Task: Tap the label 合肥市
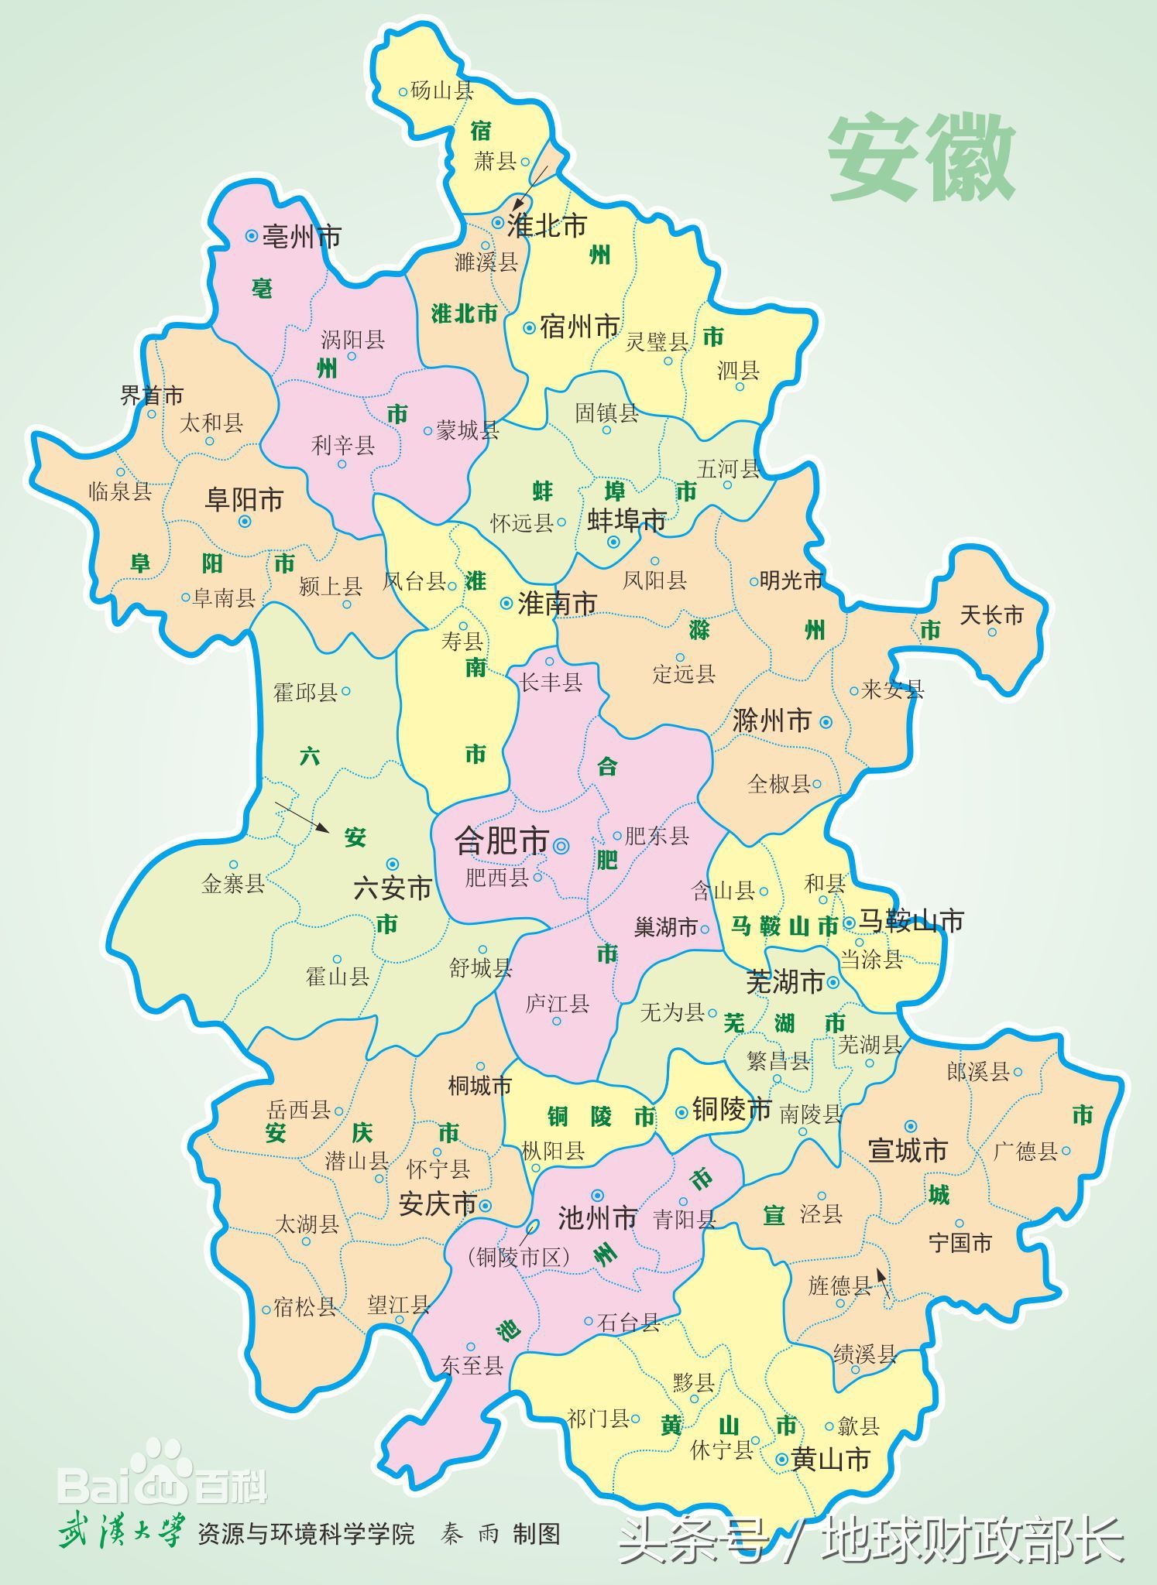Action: (501, 841)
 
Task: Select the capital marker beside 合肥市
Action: (561, 847)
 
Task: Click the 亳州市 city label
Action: (302, 236)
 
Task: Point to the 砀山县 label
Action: (441, 91)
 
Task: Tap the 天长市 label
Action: (991, 615)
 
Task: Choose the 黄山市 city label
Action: (830, 1459)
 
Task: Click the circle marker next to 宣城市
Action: (911, 1126)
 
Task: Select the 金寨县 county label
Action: (233, 883)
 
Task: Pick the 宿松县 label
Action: (305, 1307)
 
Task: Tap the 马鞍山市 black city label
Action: (911, 921)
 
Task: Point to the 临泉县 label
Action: (120, 491)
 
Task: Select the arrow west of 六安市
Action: (302, 816)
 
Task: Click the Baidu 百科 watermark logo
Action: (163, 1482)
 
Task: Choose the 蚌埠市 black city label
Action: (627, 520)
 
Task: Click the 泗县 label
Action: (738, 371)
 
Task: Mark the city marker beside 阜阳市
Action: (245, 522)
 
